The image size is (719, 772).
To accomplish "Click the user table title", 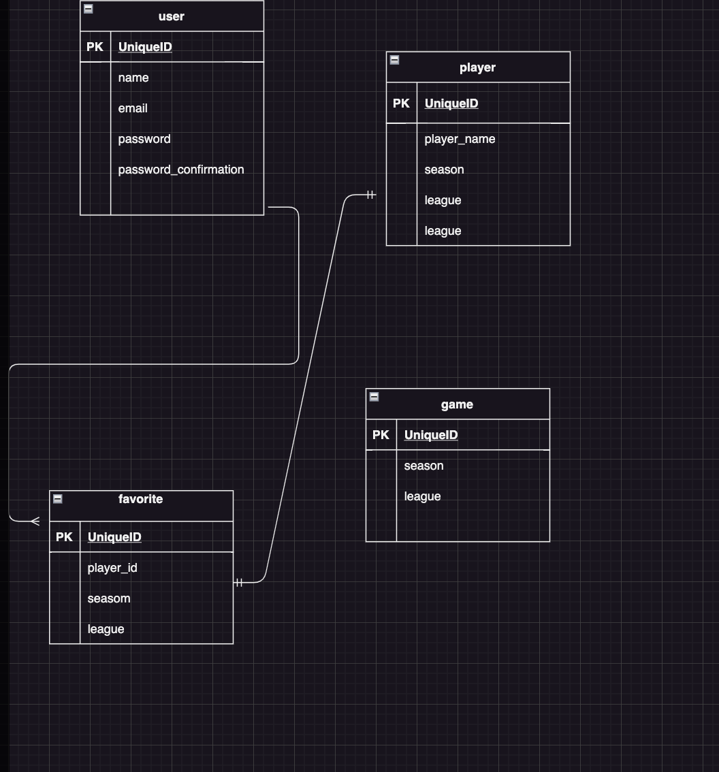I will pyautogui.click(x=171, y=16).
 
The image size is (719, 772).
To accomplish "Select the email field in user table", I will pyautogui.click(x=133, y=108).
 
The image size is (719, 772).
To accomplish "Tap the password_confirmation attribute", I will pyautogui.click(x=180, y=170).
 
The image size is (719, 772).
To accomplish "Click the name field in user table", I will pyautogui.click(x=133, y=78).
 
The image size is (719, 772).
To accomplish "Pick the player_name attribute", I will pyautogui.click(x=460, y=139).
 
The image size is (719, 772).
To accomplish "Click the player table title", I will pyautogui.click(x=477, y=67).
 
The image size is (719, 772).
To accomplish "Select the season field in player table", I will pyautogui.click(x=444, y=170).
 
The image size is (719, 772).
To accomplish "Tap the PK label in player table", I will pyautogui.click(x=401, y=103).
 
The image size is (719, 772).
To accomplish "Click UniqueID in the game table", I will pyautogui.click(x=431, y=435).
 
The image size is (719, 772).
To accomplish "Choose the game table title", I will pyautogui.click(x=457, y=404).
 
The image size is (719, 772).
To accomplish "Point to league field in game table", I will pyautogui.click(x=422, y=496).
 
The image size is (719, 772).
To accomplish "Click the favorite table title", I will pyautogui.click(x=140, y=499).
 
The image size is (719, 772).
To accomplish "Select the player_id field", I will pyautogui.click(x=112, y=568).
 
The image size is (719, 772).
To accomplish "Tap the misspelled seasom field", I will pyautogui.click(x=109, y=598).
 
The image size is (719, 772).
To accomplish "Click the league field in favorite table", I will pyautogui.click(x=106, y=629).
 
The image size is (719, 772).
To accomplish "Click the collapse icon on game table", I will pyautogui.click(x=374, y=397).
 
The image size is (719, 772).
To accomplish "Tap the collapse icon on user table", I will pyautogui.click(x=88, y=9).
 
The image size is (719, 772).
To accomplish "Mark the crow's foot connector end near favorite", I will pyautogui.click(x=35, y=521).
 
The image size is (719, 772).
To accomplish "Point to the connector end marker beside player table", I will pyautogui.click(x=370, y=195).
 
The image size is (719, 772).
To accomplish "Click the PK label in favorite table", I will pyautogui.click(x=64, y=537).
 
